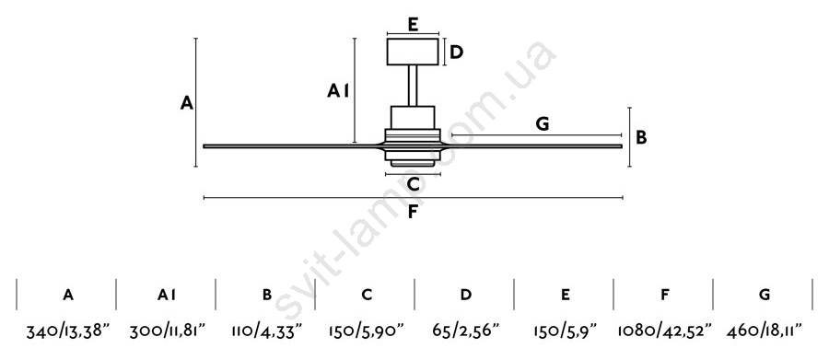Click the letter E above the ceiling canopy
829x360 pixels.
(414, 24)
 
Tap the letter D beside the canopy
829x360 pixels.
(457, 52)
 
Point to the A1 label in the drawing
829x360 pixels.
(338, 91)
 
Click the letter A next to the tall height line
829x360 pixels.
(187, 102)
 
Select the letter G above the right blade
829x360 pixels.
(543, 124)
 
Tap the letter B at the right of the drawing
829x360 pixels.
(641, 137)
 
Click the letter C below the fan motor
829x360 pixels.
(414, 184)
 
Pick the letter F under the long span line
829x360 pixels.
(414, 213)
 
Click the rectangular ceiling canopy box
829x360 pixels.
(413, 52)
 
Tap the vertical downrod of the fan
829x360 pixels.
(413, 85)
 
